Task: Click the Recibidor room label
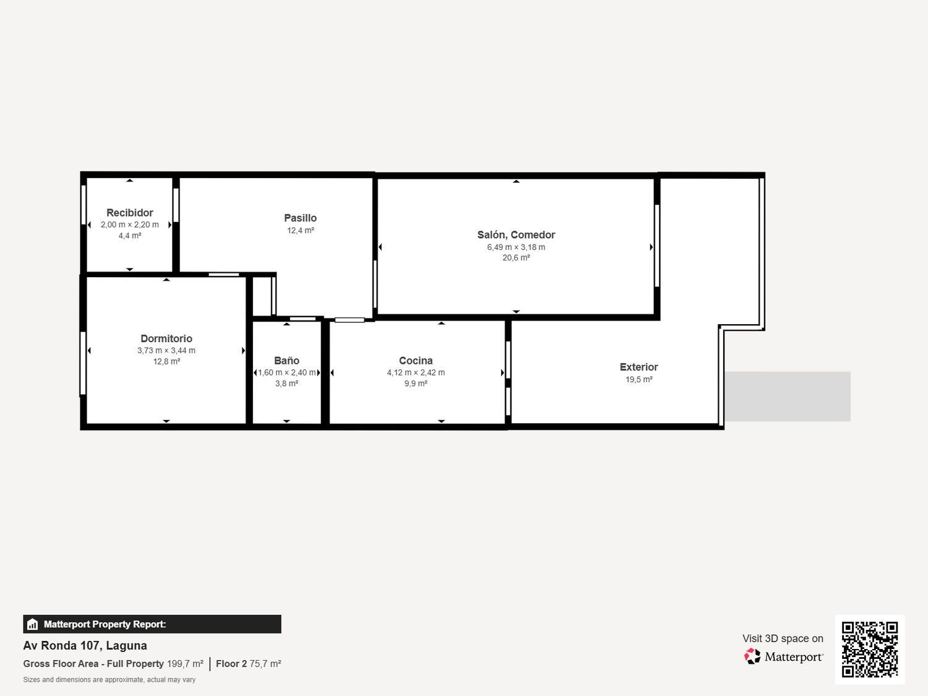click(129, 213)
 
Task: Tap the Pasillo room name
click(300, 218)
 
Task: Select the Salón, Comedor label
click(516, 234)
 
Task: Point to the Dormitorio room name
click(166, 338)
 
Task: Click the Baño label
click(286, 361)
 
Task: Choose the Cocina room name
click(416, 361)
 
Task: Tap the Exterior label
click(638, 367)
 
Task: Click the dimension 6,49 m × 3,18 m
click(516, 247)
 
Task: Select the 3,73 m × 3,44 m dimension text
click(166, 350)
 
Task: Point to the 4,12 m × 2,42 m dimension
click(416, 372)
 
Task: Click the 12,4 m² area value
click(300, 230)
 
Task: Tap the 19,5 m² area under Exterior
click(638, 379)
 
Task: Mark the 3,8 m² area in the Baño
click(286, 384)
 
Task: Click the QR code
click(870, 649)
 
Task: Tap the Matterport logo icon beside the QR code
click(752, 656)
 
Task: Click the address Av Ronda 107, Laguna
click(85, 646)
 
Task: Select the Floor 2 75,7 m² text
click(248, 664)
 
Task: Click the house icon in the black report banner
click(33, 624)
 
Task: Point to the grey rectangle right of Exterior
click(787, 397)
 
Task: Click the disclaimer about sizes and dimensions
click(109, 680)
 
